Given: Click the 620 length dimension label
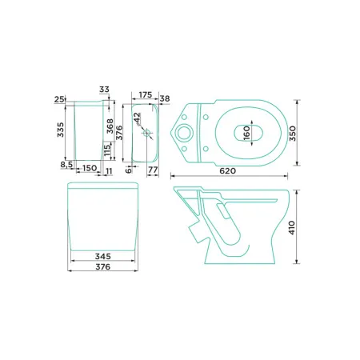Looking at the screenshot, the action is pyautogui.click(x=227, y=170).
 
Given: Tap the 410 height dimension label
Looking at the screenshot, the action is pyautogui.click(x=292, y=227).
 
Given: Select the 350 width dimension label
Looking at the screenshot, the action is pyautogui.click(x=293, y=134).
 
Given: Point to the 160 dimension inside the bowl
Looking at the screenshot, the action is pyautogui.click(x=247, y=133).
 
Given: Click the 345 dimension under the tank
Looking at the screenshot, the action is pyautogui.click(x=103, y=256).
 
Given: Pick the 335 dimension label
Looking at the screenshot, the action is pyautogui.click(x=61, y=130).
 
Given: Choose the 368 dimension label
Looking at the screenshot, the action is pyautogui.click(x=110, y=126).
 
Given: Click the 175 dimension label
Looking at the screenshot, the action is pyautogui.click(x=146, y=94).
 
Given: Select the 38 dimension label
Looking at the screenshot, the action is pyautogui.click(x=165, y=98).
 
